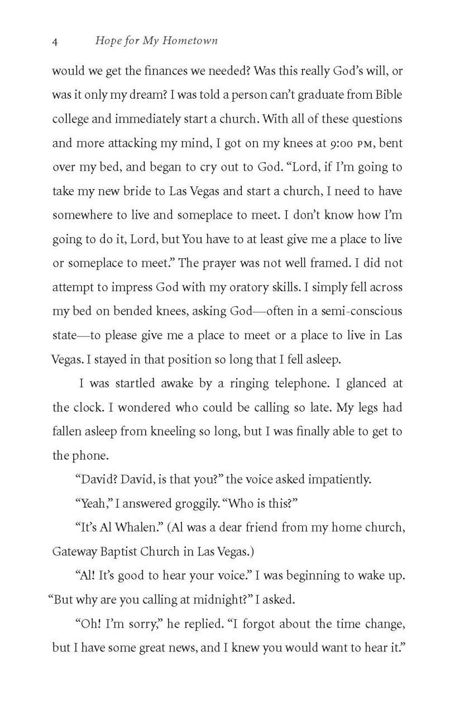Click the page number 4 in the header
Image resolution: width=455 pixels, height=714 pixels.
click(55, 41)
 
